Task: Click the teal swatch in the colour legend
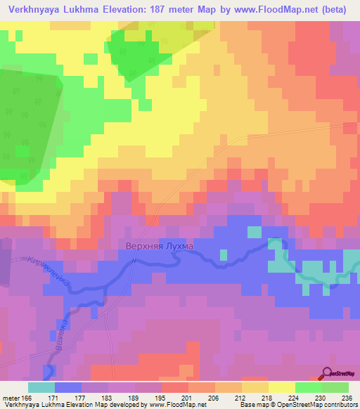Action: (41, 387)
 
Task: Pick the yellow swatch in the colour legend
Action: (281, 387)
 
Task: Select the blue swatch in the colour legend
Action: (67, 387)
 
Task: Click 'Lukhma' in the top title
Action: (82, 9)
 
